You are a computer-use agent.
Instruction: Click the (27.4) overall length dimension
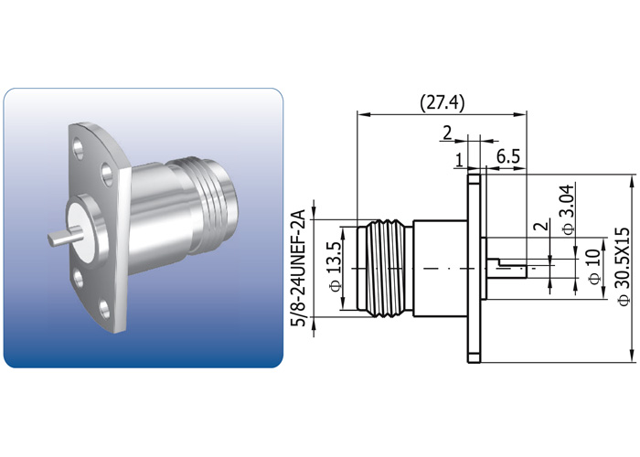pos(442,103)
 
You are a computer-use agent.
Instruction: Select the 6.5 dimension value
pos(508,156)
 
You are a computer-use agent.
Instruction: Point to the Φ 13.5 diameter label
pos(335,267)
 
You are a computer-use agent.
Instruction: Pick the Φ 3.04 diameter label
pos(568,209)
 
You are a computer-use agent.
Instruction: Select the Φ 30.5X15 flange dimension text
pos(624,267)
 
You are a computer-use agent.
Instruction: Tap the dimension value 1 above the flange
pos(459,160)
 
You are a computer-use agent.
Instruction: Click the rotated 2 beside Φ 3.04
pos(541,227)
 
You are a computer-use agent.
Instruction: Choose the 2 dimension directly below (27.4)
pos(447,133)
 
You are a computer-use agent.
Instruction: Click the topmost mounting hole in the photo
pos(77,145)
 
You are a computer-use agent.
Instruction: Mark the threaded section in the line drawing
pos(385,268)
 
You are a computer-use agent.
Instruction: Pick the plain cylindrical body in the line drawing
pos(440,268)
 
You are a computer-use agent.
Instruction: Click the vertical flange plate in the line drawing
pos(474,268)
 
